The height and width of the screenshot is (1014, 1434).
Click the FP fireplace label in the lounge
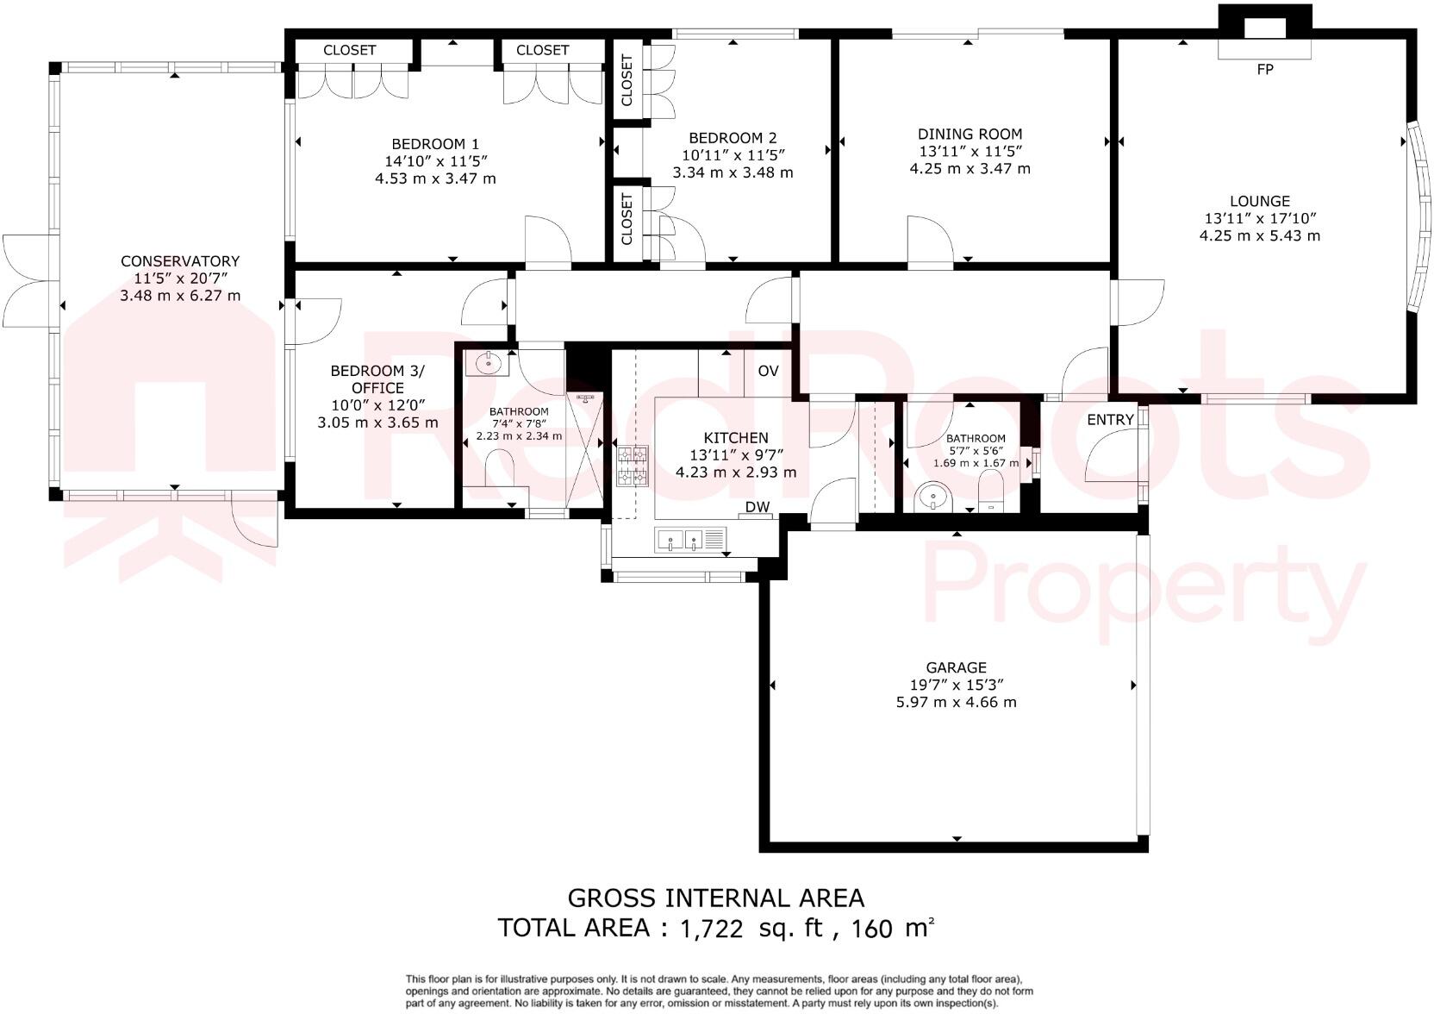[1264, 70]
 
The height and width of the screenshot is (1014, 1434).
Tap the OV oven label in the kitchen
[768, 371]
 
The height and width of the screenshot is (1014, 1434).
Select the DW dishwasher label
[758, 507]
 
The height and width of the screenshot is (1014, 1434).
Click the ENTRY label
[1110, 420]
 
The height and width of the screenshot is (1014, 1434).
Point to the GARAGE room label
[956, 667]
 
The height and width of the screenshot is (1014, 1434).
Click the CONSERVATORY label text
[179, 261]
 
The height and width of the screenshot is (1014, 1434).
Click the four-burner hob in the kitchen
[633, 466]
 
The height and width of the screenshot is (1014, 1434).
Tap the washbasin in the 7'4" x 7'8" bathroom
[487, 362]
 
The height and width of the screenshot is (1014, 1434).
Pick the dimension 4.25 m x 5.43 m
[1259, 235]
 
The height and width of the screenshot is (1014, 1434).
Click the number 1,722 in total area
[711, 929]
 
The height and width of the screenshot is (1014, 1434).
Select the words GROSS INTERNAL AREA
[715, 898]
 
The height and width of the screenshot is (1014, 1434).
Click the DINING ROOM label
[970, 135]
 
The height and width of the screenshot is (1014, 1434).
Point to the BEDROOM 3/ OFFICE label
[377, 379]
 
